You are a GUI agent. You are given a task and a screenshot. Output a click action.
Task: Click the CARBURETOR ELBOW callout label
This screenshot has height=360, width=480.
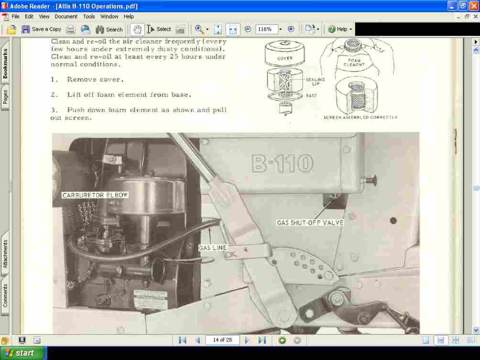pos(95,195)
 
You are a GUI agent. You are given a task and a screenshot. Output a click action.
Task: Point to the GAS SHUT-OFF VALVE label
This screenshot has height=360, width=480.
pos(310,222)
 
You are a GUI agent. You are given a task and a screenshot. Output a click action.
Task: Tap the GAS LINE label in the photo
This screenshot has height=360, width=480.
pos(213,248)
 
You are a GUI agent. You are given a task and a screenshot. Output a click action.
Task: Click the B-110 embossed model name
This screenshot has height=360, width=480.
pos(282,164)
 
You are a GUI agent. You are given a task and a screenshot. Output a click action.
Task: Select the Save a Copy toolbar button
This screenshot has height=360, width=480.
pos(41,29)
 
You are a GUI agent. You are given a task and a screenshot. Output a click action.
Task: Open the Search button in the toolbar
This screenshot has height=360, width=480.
pos(109,29)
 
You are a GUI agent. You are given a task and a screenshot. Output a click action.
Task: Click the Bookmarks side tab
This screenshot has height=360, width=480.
pos(5,64)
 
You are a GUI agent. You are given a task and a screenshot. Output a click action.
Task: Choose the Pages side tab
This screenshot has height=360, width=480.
pos(5,97)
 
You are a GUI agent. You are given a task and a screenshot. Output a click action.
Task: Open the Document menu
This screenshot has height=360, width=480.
pos(66,16)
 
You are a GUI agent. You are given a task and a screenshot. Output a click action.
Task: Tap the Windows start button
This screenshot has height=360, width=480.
pos(23,353)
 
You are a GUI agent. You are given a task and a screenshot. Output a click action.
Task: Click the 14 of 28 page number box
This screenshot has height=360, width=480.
pos(222,340)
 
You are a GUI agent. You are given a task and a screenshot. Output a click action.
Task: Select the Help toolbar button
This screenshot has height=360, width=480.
pos(340,29)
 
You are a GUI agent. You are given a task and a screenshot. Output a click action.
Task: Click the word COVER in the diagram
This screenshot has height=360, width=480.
pos(285,58)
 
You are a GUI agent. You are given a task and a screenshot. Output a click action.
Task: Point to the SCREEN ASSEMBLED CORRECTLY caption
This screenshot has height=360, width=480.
pos(360,117)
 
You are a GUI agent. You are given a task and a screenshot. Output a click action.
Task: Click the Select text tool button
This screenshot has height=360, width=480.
pos(159,29)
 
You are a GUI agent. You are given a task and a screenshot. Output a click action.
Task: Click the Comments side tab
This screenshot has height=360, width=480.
pos(5,295)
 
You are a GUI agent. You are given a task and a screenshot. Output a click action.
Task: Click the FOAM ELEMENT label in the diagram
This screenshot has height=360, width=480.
pos(354,62)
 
